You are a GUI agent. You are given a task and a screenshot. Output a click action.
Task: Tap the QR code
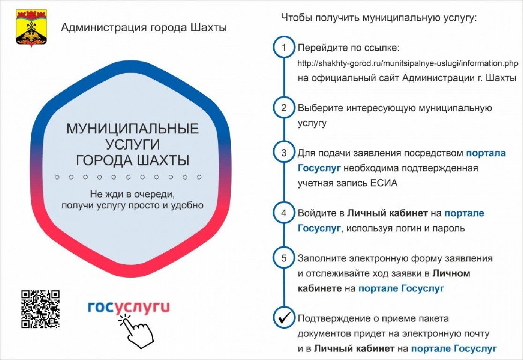pos(40,309)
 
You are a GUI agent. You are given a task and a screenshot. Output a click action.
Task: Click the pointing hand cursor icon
pos(136,331)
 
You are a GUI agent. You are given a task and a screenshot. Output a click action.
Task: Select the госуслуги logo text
pos(129,307)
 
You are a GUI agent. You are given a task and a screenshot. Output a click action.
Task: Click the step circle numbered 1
pos(284,47)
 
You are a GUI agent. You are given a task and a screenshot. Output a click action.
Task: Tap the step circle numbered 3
pos(284,153)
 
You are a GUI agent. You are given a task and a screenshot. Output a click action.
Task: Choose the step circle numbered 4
pos(284,213)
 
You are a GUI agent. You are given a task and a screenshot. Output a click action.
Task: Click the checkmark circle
pos(284,318)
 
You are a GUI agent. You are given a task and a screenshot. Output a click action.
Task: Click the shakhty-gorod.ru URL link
pos(408,63)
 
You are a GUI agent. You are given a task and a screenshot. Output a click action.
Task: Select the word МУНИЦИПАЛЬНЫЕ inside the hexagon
pos(133,129)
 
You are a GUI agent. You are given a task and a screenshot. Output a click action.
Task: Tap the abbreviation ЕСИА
pos(384,183)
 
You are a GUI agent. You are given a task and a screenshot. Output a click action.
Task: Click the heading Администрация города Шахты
pos(144,27)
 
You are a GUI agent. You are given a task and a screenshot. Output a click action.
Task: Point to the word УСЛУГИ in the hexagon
pos(133,145)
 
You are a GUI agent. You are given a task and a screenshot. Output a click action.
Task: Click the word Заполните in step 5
pos(322,258)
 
